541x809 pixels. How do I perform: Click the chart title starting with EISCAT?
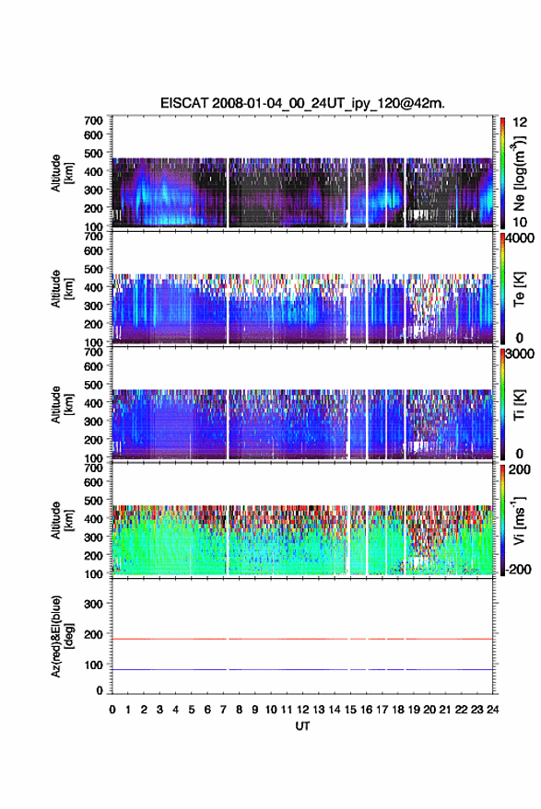(302, 103)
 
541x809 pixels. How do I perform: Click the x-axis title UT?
(302, 726)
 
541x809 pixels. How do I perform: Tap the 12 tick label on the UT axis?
(303, 710)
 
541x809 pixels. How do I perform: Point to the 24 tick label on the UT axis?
(492, 710)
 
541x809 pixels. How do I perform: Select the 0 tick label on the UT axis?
(112, 710)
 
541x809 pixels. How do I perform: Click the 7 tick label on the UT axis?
(223, 710)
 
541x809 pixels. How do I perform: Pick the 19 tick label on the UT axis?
(414, 710)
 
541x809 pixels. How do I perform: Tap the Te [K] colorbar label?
(519, 289)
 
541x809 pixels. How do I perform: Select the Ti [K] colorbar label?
(519, 405)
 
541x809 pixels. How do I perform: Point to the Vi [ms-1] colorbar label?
(519, 520)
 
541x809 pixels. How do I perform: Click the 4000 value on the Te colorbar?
(519, 238)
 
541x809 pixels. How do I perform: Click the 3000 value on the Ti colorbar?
(519, 354)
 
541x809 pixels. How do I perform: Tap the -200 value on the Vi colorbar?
(517, 569)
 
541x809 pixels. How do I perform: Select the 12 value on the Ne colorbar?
(520, 122)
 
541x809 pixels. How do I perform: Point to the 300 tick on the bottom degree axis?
(93, 604)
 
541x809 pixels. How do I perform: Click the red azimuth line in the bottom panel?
(302, 639)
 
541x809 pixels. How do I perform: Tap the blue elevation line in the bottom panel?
(302, 669)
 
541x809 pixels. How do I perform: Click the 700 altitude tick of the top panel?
(93, 121)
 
